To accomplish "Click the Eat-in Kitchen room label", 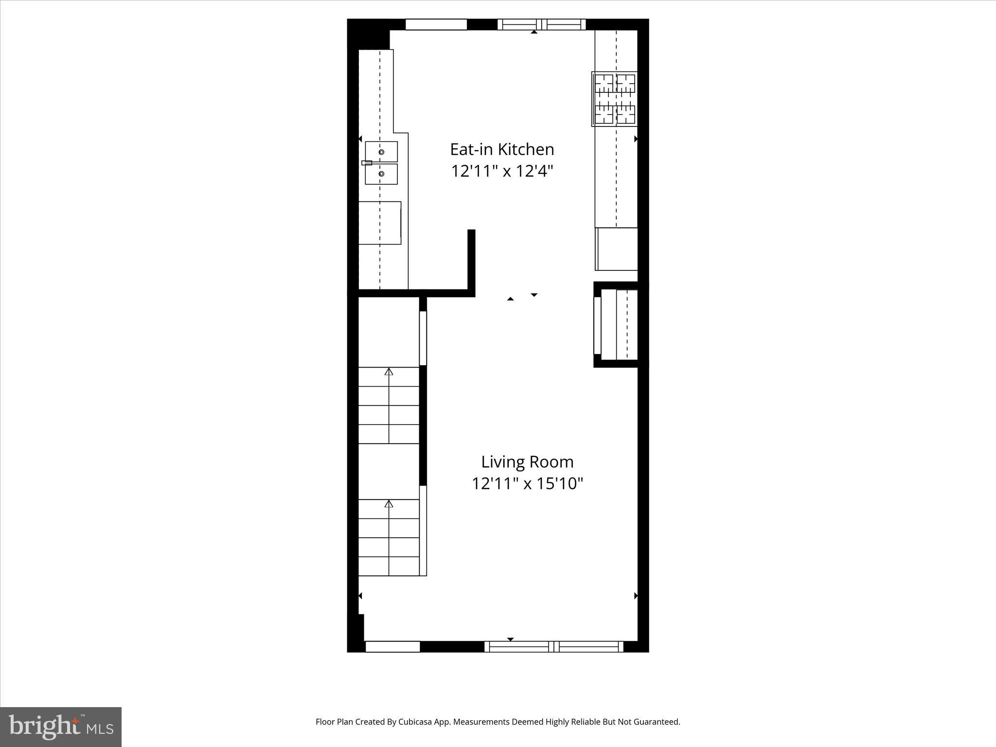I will tap(502, 149).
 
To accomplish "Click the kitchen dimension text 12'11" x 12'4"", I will tap(502, 171).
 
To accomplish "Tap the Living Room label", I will tap(527, 462).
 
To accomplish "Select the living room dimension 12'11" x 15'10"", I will tap(527, 483).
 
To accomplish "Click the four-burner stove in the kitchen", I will tap(615, 99).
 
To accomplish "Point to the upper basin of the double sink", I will tap(381, 152).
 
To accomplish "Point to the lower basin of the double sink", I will tap(381, 174).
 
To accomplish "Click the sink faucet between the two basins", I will tap(367, 163).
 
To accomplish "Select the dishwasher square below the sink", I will tap(380, 223).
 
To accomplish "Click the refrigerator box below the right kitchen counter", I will tap(617, 249).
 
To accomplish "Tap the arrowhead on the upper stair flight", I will tap(389, 372).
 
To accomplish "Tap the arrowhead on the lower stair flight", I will tap(389, 504).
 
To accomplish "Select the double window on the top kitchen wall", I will tap(541, 24).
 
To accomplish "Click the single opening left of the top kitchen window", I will tap(436, 24).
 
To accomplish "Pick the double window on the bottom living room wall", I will tap(554, 646).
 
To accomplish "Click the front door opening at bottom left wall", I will tap(392, 646).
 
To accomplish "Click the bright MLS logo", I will tap(61, 727).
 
